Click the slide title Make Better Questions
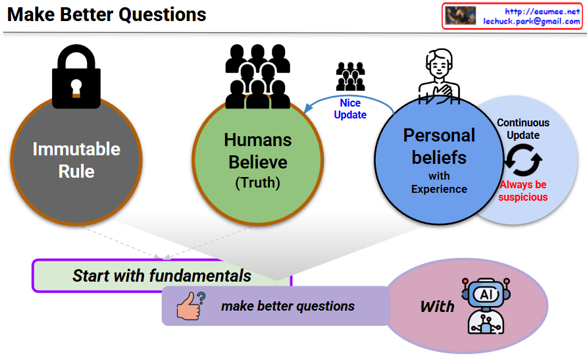[107, 14]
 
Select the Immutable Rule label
[76, 160]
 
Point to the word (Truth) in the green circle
[257, 184]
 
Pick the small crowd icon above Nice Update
[350, 76]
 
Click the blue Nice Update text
[350, 109]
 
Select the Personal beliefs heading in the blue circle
[439, 146]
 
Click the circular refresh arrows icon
[523, 160]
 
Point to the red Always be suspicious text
[523, 191]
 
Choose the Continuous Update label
[523, 129]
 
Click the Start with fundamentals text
[162, 275]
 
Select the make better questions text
[288, 306]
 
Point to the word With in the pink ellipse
[437, 307]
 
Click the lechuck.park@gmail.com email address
[532, 21]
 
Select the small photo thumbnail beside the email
[461, 16]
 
